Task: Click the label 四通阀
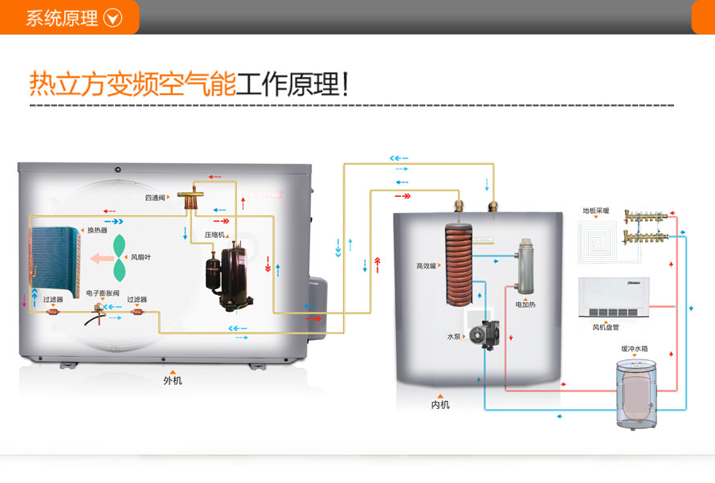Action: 154,197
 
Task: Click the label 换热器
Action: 97,231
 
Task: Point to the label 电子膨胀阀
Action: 102,294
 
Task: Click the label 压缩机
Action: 214,235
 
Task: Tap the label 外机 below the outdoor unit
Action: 172,381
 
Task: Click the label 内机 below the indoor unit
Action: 440,404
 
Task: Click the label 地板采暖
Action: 595,211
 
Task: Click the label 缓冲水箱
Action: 635,349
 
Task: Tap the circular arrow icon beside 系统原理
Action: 112,18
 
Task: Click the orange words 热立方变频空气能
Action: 133,84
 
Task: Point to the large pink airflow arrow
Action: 102,259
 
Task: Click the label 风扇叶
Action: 141,257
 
